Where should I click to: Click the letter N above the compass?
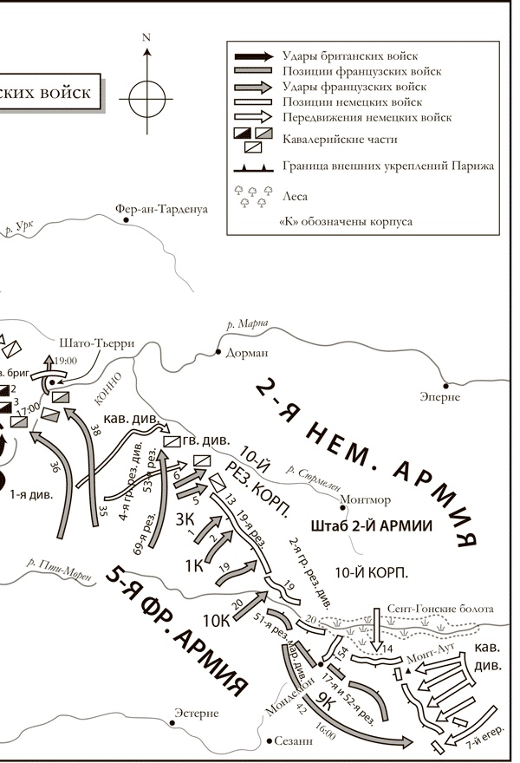pyautogui.click(x=146, y=37)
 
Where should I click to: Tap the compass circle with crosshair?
pyautogui.click(x=146, y=94)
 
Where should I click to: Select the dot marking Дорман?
pyautogui.click(x=218, y=354)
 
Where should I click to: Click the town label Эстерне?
pyautogui.click(x=196, y=713)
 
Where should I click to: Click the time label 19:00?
pyautogui.click(x=66, y=361)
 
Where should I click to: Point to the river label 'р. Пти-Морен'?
pyautogui.click(x=57, y=565)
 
